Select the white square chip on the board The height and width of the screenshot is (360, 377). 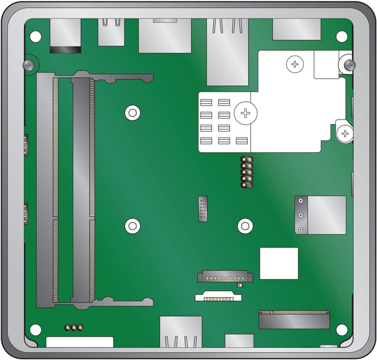click(x=279, y=263)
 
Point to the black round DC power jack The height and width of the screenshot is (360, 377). click(x=65, y=50)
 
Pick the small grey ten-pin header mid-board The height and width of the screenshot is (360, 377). click(x=203, y=209)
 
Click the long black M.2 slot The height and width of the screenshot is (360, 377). click(x=294, y=319)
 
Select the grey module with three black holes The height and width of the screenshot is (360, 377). click(x=320, y=215)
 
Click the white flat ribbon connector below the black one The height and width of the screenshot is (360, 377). click(x=219, y=297)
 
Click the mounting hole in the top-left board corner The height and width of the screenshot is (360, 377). click(x=36, y=36)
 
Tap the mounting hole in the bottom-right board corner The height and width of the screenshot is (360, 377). click(x=341, y=330)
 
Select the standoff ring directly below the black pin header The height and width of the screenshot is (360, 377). click(x=245, y=226)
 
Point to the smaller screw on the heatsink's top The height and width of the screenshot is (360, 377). click(x=295, y=64)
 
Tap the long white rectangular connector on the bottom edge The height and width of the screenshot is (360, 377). click(x=80, y=342)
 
